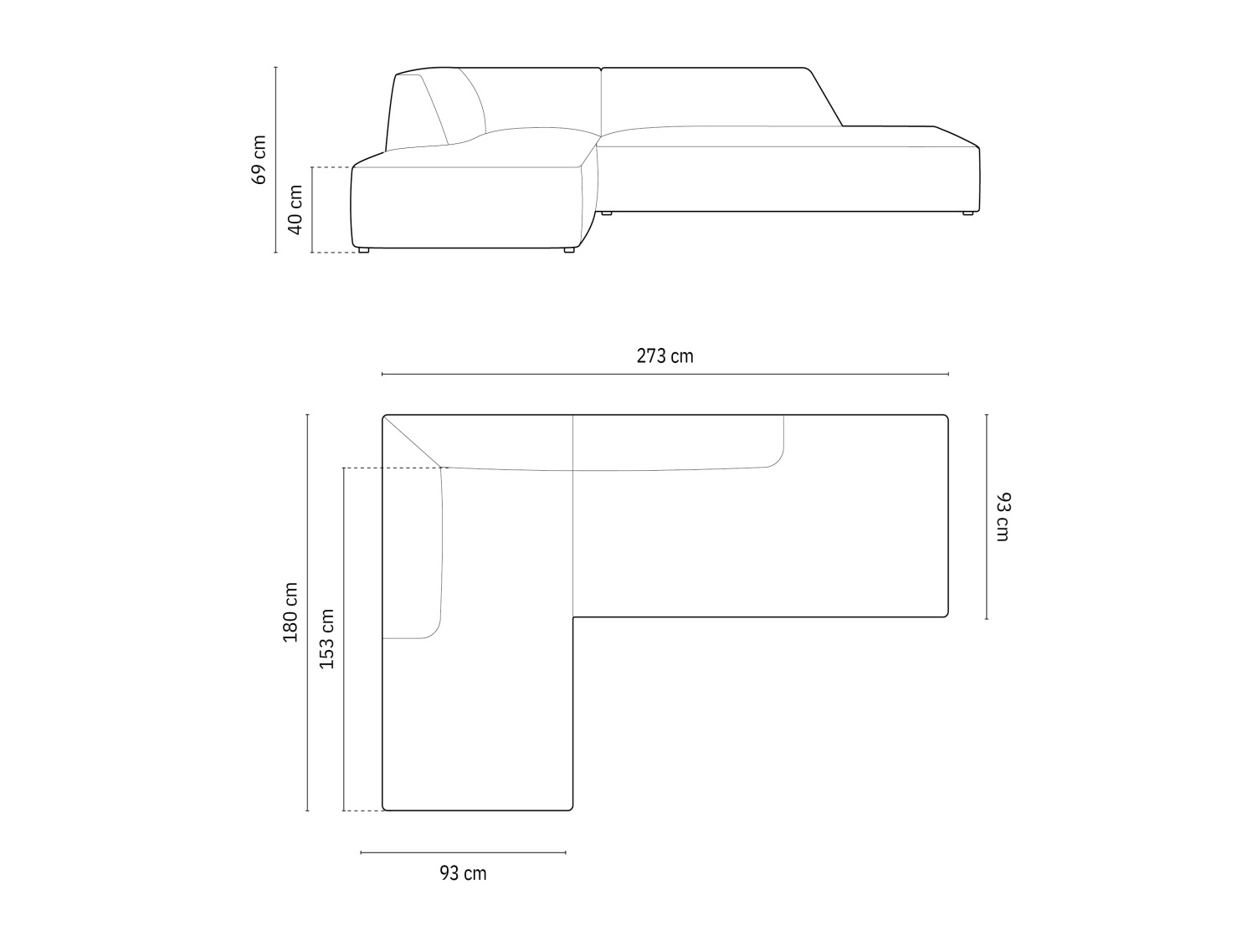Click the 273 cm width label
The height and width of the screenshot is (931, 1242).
[x=665, y=356]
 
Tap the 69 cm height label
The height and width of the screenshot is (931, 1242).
[x=258, y=160]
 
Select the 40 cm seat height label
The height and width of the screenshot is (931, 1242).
[x=295, y=209]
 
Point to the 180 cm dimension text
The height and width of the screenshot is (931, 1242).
[x=290, y=612]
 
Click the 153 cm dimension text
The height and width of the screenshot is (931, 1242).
[x=326, y=639]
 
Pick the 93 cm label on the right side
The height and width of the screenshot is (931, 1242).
[x=1003, y=517]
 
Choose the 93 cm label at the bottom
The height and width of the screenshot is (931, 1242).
[x=463, y=873]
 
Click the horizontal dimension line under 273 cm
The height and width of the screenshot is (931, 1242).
[x=665, y=374]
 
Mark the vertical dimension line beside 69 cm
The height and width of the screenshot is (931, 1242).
[x=275, y=160]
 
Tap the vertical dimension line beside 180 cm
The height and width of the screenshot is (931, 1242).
[x=307, y=613]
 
